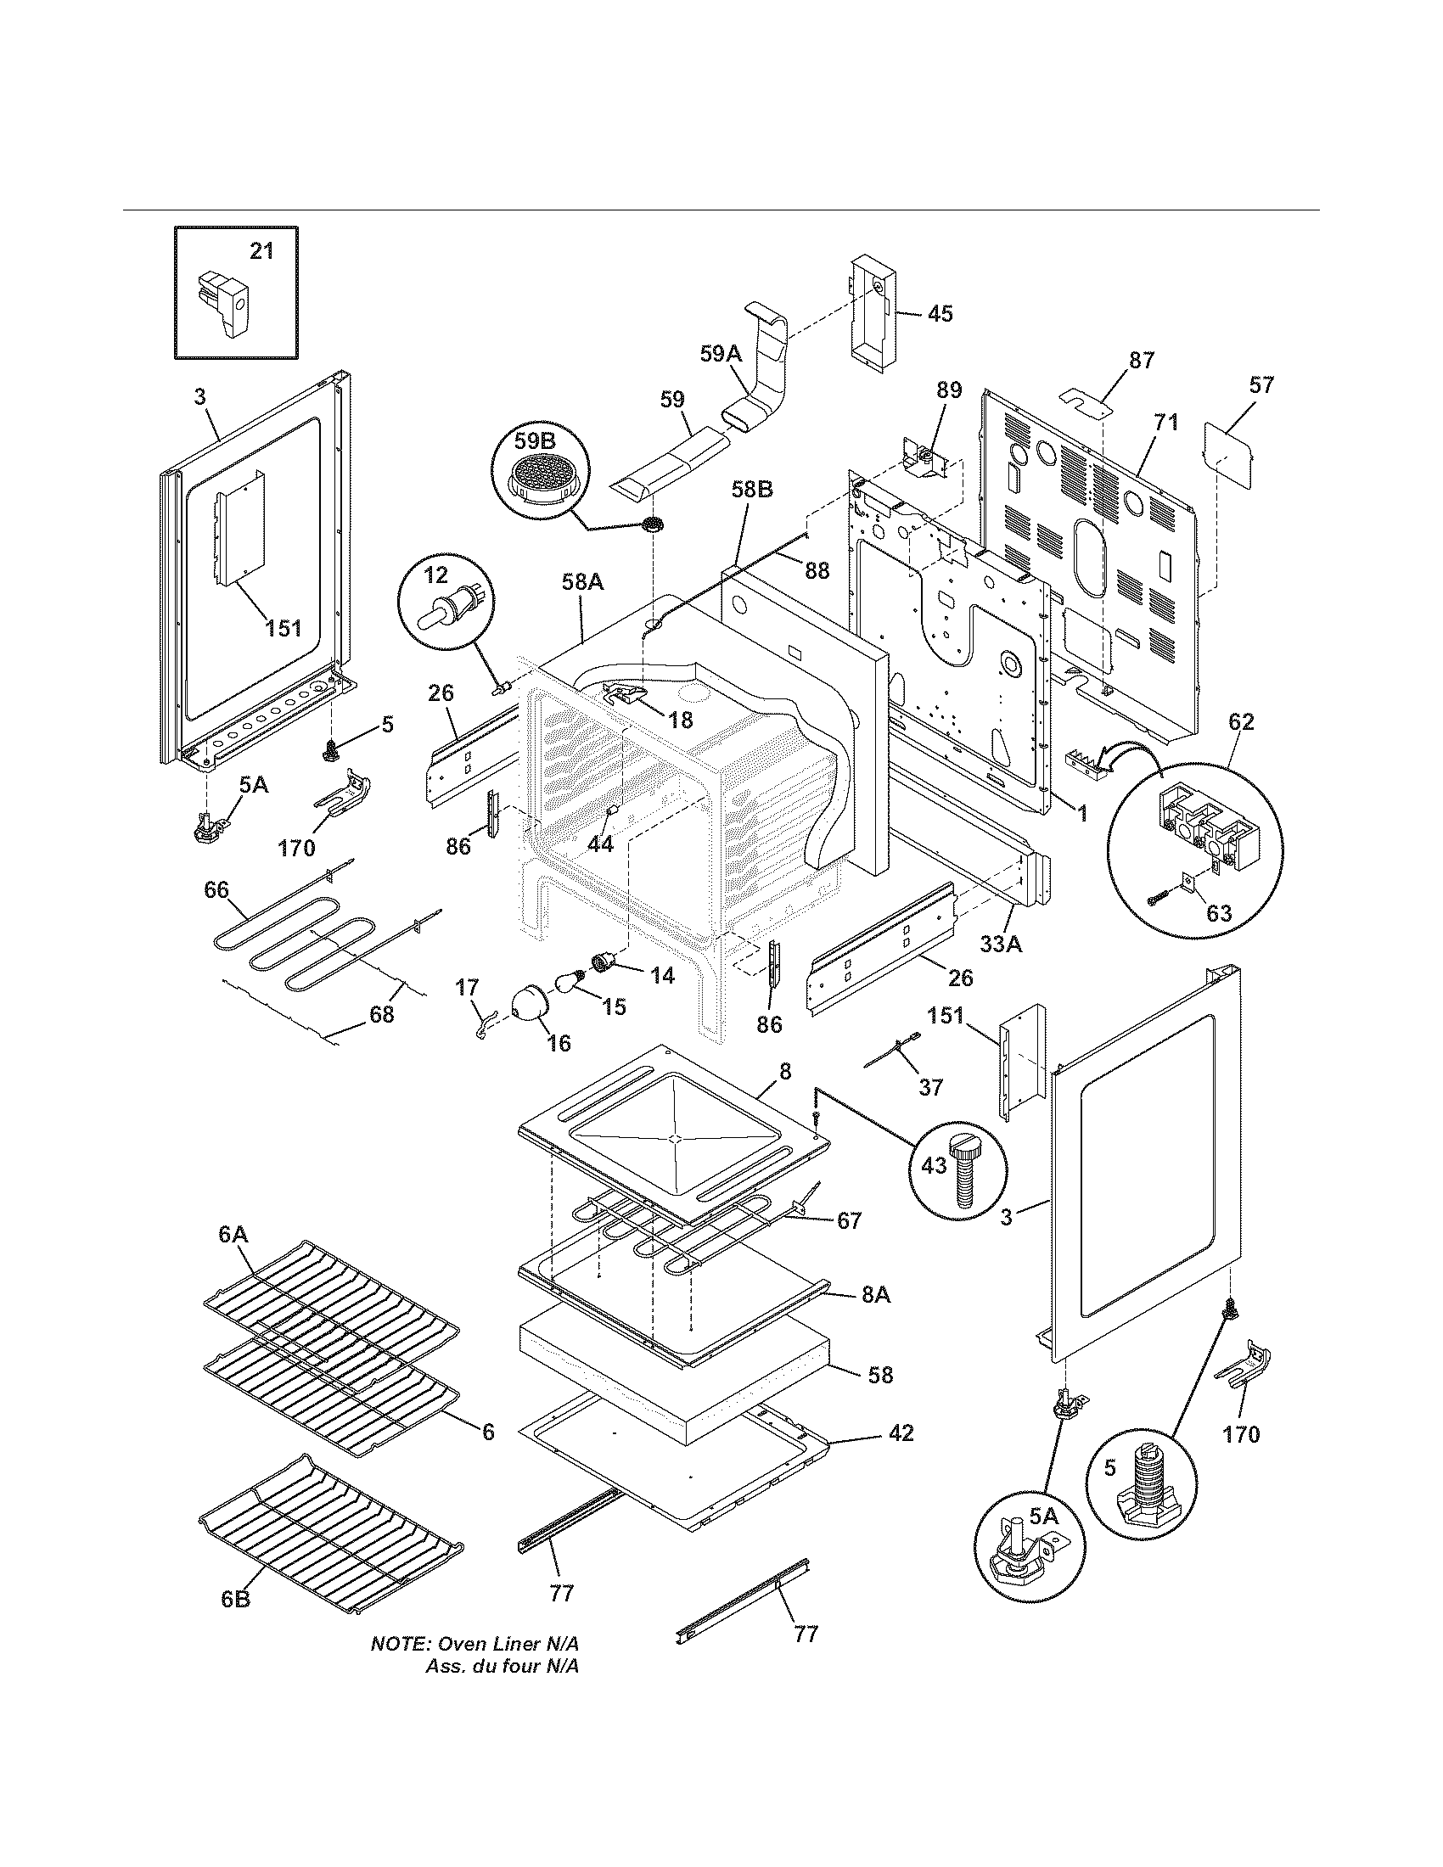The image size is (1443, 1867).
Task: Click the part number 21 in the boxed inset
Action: click(261, 251)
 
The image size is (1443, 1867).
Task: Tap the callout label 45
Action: click(940, 314)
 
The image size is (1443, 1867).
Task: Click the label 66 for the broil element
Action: click(216, 890)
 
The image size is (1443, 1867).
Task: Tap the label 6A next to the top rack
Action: click(233, 1234)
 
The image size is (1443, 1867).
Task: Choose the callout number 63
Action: click(1219, 913)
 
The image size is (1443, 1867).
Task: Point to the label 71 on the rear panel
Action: click(1166, 422)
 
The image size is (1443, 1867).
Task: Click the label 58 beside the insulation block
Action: click(879, 1375)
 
